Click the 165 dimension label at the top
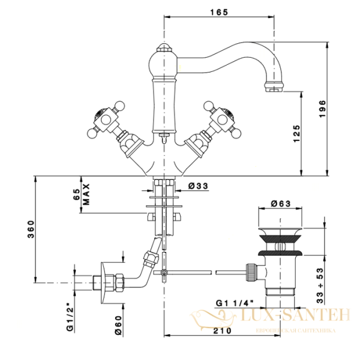click(x=219, y=12)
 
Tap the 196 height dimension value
click(x=322, y=109)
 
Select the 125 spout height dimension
click(x=296, y=133)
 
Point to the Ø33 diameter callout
click(x=198, y=186)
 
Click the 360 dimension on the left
click(x=31, y=229)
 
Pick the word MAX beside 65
click(x=86, y=194)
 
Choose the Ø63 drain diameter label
click(x=281, y=203)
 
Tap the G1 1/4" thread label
click(x=235, y=303)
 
